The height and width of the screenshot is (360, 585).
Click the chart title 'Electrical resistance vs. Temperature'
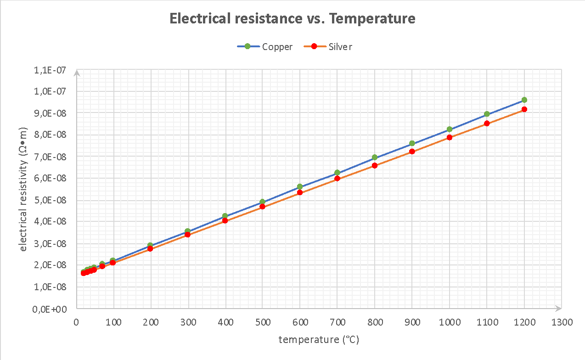(292, 19)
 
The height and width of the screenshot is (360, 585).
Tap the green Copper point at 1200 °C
(524, 100)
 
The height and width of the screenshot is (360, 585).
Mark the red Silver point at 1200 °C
(524, 109)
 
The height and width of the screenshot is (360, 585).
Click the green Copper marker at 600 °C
(300, 186)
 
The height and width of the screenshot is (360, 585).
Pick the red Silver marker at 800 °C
(375, 165)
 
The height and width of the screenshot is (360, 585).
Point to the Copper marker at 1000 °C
(450, 129)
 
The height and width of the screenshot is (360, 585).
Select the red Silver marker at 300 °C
(188, 235)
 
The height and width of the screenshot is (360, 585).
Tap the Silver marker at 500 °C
(263, 207)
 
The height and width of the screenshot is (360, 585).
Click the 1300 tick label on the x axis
(562, 322)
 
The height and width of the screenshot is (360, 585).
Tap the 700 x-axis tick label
(337, 322)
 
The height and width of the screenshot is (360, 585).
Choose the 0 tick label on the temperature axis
(76, 322)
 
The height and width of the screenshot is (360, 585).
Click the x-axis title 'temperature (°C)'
(319, 340)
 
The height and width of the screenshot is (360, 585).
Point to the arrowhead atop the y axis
(77, 73)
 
